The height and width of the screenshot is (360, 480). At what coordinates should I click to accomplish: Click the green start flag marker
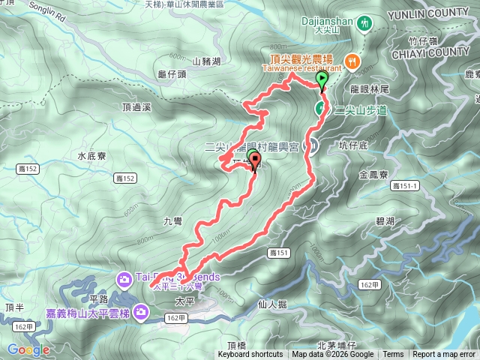tap(322, 79)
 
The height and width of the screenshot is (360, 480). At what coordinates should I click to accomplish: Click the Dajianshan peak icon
tap(364, 23)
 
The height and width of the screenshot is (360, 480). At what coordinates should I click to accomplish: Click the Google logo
tap(28, 349)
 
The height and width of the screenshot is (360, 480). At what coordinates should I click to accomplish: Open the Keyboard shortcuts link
tap(250, 355)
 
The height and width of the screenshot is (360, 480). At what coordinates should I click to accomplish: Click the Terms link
tap(393, 355)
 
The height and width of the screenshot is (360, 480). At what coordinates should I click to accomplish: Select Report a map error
tap(444, 355)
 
